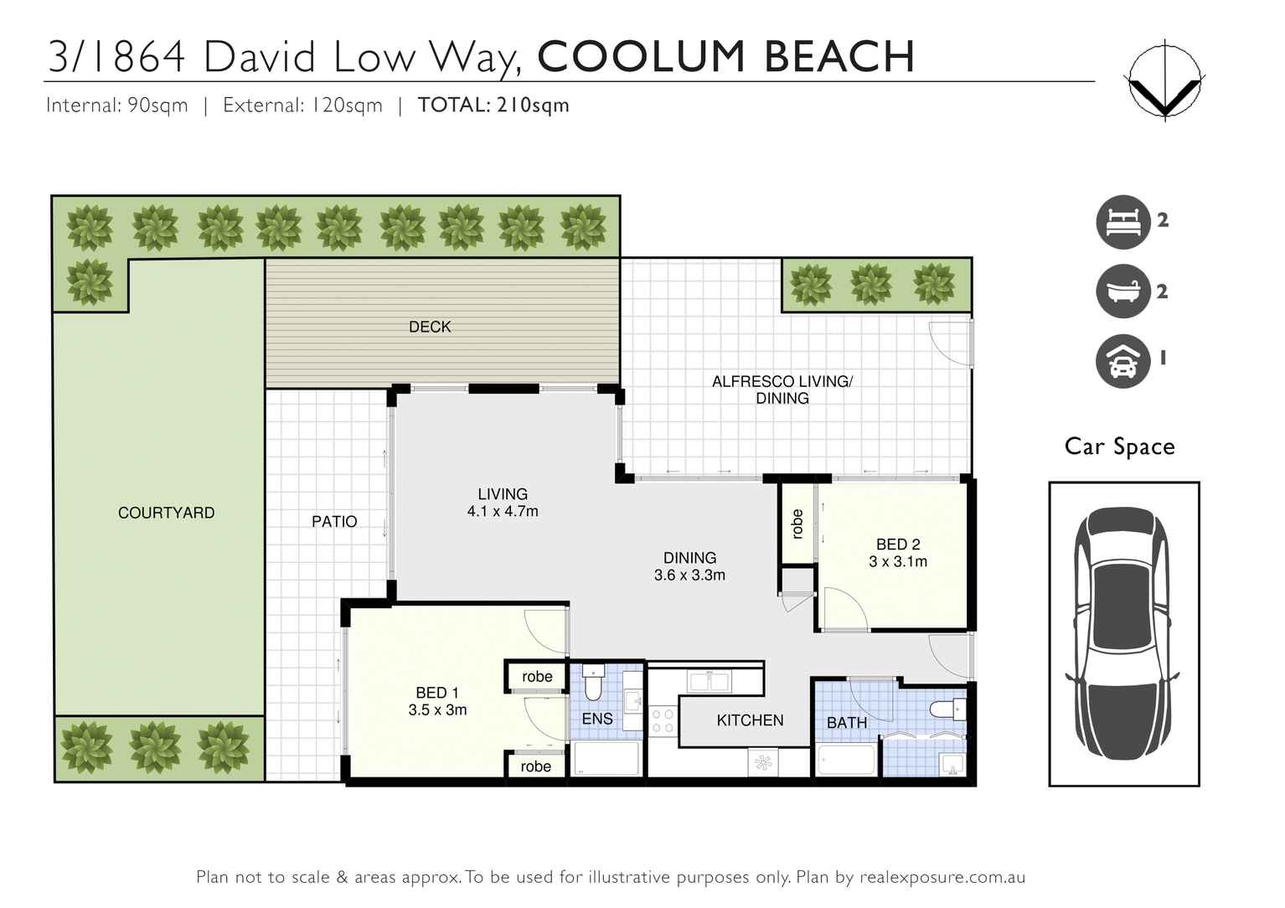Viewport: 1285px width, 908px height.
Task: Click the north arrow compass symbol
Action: coord(1164,81)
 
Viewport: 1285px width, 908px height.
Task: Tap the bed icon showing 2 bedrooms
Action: coord(1122,223)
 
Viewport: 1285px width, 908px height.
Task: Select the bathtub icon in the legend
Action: coord(1122,291)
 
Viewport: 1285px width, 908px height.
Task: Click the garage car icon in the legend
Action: coord(1122,361)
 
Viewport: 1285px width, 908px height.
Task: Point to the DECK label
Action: coord(430,327)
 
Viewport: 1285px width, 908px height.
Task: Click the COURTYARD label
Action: coord(166,513)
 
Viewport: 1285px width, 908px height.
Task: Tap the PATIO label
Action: coord(334,521)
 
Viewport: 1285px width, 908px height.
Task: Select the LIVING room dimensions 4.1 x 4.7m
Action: coord(503,511)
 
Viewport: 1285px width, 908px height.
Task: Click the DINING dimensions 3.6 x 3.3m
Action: coord(689,575)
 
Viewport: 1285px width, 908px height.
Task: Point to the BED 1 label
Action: coord(437,693)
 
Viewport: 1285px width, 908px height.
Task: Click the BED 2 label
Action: coord(898,544)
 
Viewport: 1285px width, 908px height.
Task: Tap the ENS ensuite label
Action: coord(597,719)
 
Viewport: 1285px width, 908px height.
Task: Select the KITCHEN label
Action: coord(750,720)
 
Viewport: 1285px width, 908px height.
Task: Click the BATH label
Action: coord(846,722)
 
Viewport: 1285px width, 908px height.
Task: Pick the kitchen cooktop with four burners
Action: coord(663,721)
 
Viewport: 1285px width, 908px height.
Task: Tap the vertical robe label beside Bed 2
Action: coord(797,524)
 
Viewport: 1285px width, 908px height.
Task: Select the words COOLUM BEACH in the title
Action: coord(725,57)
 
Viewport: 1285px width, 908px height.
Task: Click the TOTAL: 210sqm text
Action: coord(493,106)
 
